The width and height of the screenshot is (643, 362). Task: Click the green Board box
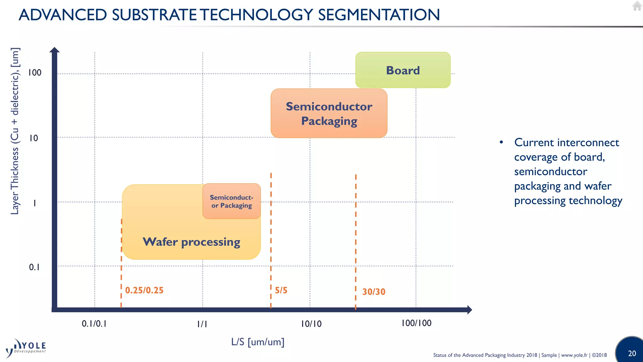tap(403, 70)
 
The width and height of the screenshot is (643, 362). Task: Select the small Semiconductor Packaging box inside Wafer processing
tap(232, 201)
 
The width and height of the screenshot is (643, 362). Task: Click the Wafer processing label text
tap(191, 242)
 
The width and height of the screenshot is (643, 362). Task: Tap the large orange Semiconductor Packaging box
tap(329, 113)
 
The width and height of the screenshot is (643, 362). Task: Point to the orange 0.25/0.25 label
tap(144, 290)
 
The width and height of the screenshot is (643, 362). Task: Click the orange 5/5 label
tap(281, 290)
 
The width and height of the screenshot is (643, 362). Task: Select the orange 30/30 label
tap(374, 292)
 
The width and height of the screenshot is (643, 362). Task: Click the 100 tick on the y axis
tap(35, 73)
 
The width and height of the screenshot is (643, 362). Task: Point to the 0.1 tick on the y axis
tap(34, 267)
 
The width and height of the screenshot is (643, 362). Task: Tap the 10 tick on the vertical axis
tap(34, 138)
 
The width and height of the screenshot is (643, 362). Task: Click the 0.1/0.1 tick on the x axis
tap(94, 324)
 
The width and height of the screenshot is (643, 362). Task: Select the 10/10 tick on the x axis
tap(311, 324)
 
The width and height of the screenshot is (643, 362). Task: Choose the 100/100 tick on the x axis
tap(416, 323)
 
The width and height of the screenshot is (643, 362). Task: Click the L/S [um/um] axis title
tap(257, 342)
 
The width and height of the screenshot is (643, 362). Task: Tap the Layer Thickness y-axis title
tap(15, 131)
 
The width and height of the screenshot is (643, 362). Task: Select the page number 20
tap(632, 353)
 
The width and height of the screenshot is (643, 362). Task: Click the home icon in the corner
tap(637, 6)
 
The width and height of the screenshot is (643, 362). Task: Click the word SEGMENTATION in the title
tap(379, 15)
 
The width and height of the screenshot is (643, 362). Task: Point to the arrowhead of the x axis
tap(469, 310)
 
